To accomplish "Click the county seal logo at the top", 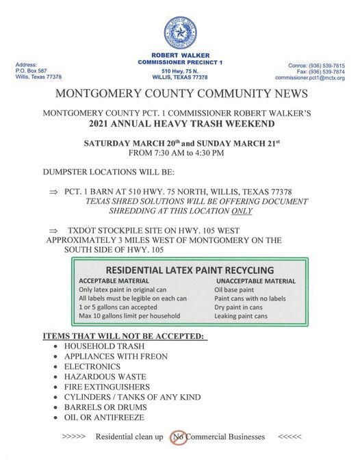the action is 180,32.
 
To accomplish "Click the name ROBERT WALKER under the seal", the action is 181,55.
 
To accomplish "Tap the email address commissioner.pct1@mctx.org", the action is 310,78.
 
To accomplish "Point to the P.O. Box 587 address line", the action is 31,70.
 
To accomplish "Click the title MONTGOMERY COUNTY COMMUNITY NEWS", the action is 180,94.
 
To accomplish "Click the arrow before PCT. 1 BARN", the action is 53,192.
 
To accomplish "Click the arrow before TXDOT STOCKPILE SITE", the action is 53,231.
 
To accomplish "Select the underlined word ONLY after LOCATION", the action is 240,211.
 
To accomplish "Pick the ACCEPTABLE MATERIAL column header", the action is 114,281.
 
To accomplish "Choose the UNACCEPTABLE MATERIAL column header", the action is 256,281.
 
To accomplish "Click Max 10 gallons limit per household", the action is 129,316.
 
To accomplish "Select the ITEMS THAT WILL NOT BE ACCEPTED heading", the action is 125,336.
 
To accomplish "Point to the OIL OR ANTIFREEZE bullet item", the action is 104,417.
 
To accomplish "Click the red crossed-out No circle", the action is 179,436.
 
